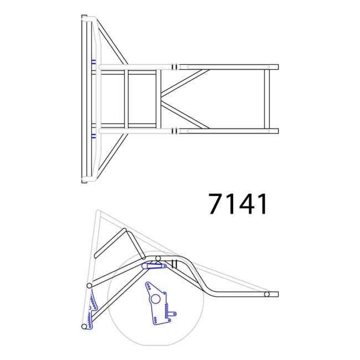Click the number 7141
coord(238,204)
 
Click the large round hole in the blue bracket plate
coord(156,299)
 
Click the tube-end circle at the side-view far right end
coord(267,294)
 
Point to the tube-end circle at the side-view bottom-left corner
coord(84,327)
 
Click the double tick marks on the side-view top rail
coord(174,264)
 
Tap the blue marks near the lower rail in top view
coord(94,135)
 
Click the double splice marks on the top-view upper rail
coord(174,67)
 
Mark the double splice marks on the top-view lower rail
coord(174,131)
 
